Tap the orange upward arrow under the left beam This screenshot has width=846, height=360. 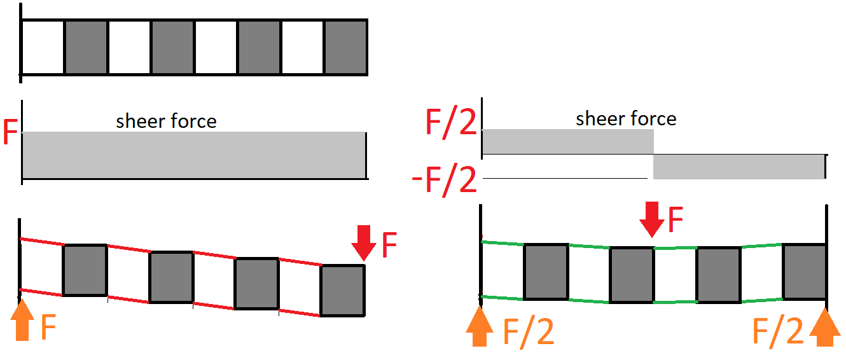coord(22,319)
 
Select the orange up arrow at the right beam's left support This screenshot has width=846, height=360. coord(480,326)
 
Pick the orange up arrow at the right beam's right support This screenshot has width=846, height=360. coord(825,327)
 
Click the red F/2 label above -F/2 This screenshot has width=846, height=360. coord(451,121)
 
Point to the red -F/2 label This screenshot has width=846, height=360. coord(444,179)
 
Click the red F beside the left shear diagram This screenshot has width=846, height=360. coord(10,132)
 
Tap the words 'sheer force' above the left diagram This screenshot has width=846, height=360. coord(166,121)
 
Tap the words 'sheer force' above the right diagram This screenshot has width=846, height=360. coord(626,118)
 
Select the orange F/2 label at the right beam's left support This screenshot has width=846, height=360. coord(529,333)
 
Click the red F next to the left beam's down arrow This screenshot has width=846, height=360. coord(389,245)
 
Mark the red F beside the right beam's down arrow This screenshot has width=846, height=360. coord(676,219)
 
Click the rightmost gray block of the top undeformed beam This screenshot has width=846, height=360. coord(346,47)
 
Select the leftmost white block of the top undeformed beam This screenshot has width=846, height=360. coord(43,47)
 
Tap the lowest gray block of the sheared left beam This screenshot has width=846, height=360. coord(343,291)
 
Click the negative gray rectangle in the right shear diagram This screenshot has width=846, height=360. coord(739,167)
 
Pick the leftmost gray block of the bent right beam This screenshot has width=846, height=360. coord(546,272)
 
